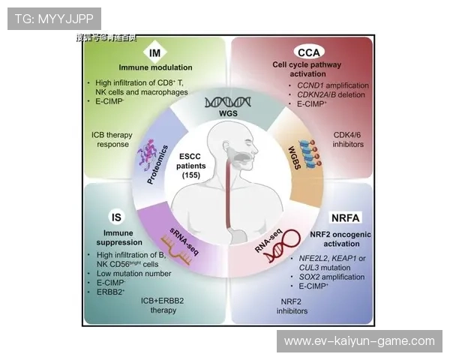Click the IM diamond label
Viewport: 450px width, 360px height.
[x=155, y=53]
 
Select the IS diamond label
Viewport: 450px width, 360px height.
[x=116, y=218]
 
